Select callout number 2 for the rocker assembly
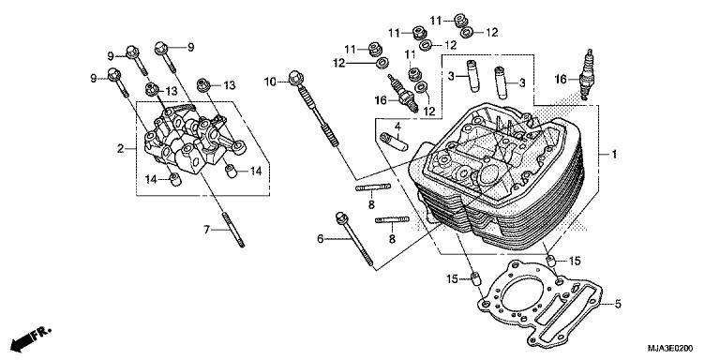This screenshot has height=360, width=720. (121, 149)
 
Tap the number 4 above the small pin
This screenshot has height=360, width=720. (397, 125)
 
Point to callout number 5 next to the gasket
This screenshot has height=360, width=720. (618, 305)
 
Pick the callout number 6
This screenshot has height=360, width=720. (320, 240)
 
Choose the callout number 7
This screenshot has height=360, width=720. (206, 229)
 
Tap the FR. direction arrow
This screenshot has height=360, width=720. (29, 336)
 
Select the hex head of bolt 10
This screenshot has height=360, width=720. (297, 76)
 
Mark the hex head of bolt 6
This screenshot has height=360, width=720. (338, 217)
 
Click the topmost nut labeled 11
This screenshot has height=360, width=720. (462, 20)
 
